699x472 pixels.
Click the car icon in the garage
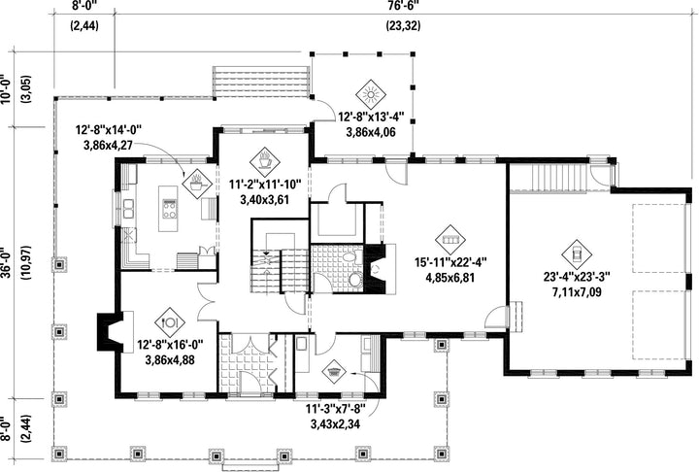pyautogui.click(x=577, y=254)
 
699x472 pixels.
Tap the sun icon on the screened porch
pyautogui.click(x=371, y=95)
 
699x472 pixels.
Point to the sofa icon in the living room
pyautogui.click(x=450, y=240)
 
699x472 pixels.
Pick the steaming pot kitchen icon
pyautogui.click(x=196, y=184)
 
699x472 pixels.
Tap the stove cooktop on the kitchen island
pyautogui.click(x=169, y=209)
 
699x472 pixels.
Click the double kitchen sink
pyautogui.click(x=128, y=209)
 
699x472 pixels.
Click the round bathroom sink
pyautogui.click(x=355, y=281)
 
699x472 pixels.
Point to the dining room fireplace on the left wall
pyautogui.click(x=110, y=331)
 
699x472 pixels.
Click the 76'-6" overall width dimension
pyautogui.click(x=403, y=5)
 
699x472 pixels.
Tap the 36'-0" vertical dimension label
pyautogui.click(x=6, y=262)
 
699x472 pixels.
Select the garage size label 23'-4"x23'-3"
pyautogui.click(x=577, y=277)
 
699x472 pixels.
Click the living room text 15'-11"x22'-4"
pyautogui.click(x=450, y=262)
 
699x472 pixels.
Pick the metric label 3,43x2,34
pyautogui.click(x=335, y=424)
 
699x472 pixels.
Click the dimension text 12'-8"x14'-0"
pyautogui.click(x=109, y=130)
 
